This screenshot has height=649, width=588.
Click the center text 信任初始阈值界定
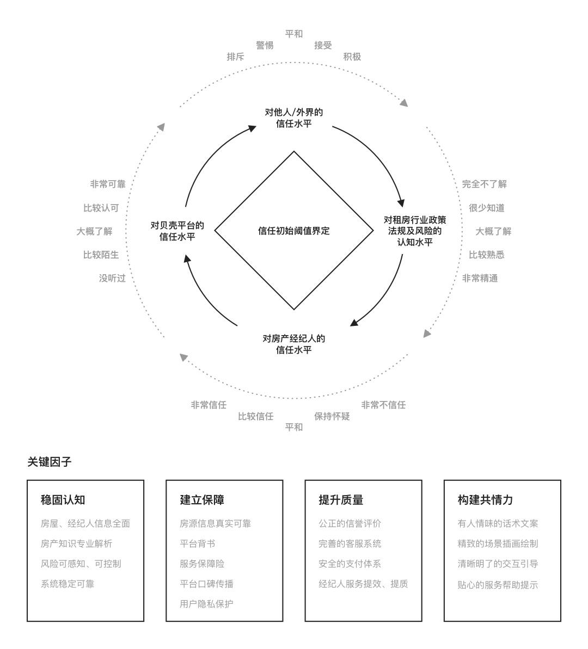[x=294, y=231]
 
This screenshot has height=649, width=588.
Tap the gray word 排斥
[x=235, y=57]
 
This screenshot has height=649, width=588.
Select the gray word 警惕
[x=265, y=45]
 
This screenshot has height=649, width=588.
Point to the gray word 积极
[x=352, y=57]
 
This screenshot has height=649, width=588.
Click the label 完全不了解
[x=484, y=184]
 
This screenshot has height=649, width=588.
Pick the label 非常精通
[x=480, y=278]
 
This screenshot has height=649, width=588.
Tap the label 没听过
[x=112, y=278]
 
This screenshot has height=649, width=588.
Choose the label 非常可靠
[x=108, y=184]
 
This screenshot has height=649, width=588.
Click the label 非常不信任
[x=383, y=405]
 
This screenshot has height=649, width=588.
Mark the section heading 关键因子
[x=50, y=462]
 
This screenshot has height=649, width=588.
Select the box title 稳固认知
[x=63, y=499]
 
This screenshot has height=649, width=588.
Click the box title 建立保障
[x=202, y=499]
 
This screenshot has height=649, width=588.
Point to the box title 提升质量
[x=341, y=499]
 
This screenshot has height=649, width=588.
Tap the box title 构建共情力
[x=485, y=499]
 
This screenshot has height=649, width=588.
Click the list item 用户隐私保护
[x=206, y=604]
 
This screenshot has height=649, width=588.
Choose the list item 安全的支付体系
[x=350, y=564]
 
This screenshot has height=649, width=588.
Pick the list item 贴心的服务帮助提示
[x=498, y=585]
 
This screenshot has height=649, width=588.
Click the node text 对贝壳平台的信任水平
[x=177, y=231]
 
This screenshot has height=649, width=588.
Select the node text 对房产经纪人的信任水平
[x=294, y=344]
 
